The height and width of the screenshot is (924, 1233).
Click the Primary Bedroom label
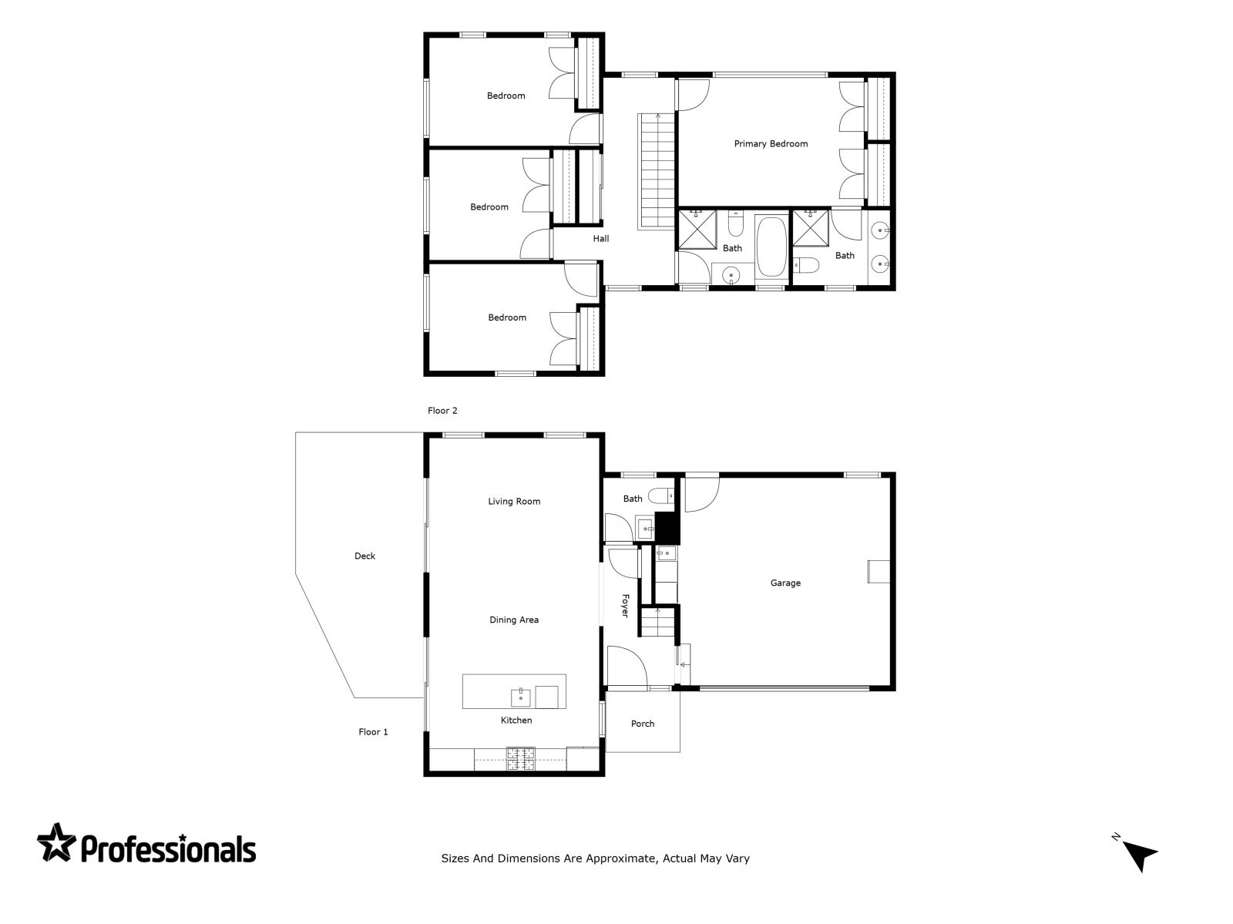pyautogui.click(x=771, y=144)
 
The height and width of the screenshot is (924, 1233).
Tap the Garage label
pyautogui.click(x=785, y=583)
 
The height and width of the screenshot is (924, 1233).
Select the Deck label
pyautogui.click(x=365, y=556)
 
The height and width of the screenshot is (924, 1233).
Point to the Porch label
pyautogui.click(x=643, y=724)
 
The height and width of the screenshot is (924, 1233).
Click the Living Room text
pyautogui.click(x=514, y=502)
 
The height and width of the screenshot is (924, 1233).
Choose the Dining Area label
pyautogui.click(x=514, y=620)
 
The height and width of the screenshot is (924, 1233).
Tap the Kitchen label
pyautogui.click(x=516, y=720)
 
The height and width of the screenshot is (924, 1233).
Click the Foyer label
pyautogui.click(x=625, y=606)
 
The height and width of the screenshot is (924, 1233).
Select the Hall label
pyautogui.click(x=601, y=239)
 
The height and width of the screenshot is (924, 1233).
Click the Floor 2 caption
pyautogui.click(x=442, y=411)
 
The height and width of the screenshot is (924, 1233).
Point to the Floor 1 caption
pyautogui.click(x=373, y=732)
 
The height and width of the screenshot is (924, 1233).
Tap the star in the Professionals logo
pyautogui.click(x=57, y=842)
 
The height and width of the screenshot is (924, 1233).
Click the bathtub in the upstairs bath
pyautogui.click(x=771, y=246)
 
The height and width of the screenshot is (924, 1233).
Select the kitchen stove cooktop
pyautogui.click(x=521, y=758)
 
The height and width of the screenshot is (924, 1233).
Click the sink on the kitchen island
pyautogui.click(x=521, y=697)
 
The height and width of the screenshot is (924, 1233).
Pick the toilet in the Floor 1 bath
pyautogui.click(x=660, y=496)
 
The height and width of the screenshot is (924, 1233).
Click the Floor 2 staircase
pyautogui.click(x=656, y=171)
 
